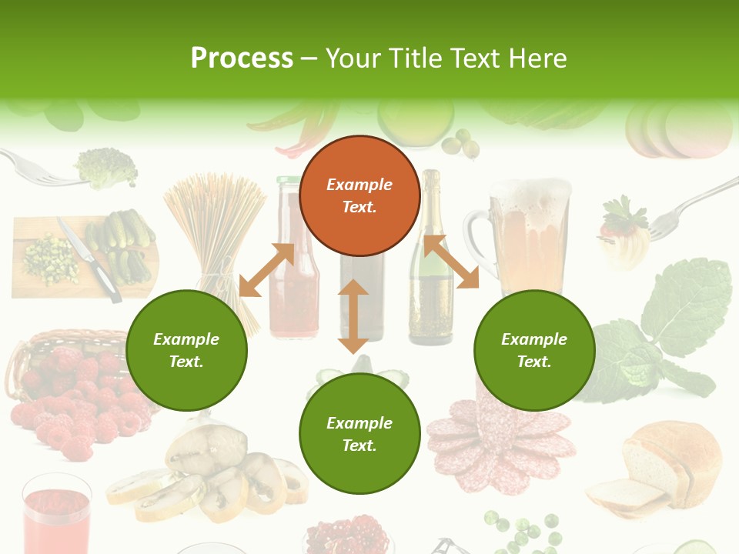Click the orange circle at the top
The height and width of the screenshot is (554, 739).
(x=359, y=195)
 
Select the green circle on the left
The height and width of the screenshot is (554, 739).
(x=186, y=350)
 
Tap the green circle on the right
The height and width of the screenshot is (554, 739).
(x=534, y=350)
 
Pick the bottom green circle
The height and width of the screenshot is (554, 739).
(x=359, y=434)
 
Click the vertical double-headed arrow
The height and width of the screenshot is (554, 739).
(x=353, y=316)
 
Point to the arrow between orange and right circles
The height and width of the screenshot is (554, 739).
(x=451, y=262)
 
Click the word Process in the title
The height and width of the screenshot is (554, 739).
(x=242, y=58)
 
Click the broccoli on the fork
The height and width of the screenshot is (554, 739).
(x=106, y=167)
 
